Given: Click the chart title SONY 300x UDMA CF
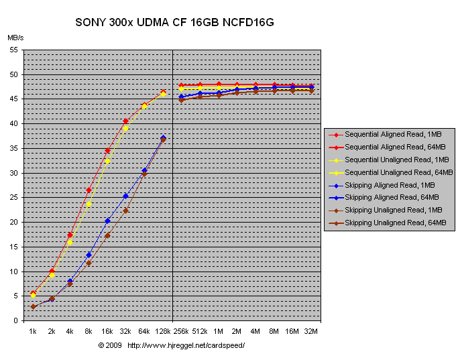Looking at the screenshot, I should (174, 23).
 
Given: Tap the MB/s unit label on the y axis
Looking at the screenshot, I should (15, 38).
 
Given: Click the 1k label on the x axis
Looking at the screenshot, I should (32, 331).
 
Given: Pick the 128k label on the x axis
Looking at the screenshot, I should (162, 331).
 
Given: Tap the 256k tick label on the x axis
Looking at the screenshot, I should (181, 331).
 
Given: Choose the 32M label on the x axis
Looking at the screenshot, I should (310, 331).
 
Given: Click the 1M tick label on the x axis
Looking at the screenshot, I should (218, 331).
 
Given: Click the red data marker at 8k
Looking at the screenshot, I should (89, 190).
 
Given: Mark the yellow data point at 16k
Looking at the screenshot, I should (107, 161).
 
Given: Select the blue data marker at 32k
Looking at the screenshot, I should (125, 196).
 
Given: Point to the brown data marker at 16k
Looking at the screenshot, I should (107, 235).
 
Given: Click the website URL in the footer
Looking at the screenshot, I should (186, 345).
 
